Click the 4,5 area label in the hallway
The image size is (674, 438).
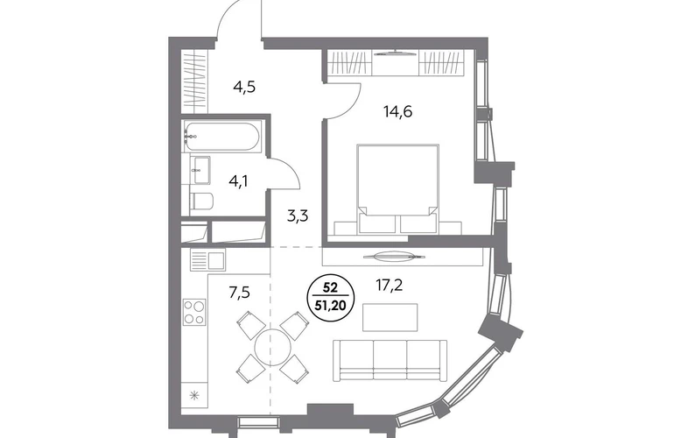click(244, 88)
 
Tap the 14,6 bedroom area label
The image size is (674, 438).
click(398, 112)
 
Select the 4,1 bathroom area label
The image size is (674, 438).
click(239, 181)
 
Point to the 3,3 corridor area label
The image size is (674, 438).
click(298, 215)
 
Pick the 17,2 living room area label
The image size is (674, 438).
click(390, 285)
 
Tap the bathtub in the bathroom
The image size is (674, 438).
click(221, 136)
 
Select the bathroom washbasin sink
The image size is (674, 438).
click(200, 170)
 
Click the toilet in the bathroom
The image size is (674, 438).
click(201, 202)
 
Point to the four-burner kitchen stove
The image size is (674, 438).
click(194, 312)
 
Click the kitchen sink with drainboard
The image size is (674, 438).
click(207, 260)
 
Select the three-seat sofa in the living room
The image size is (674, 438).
click(390, 360)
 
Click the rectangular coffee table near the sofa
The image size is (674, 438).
click(390, 317)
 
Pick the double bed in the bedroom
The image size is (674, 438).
click(398, 189)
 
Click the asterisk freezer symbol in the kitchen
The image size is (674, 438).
click(194, 395)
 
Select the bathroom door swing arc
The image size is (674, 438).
click(290, 168)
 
